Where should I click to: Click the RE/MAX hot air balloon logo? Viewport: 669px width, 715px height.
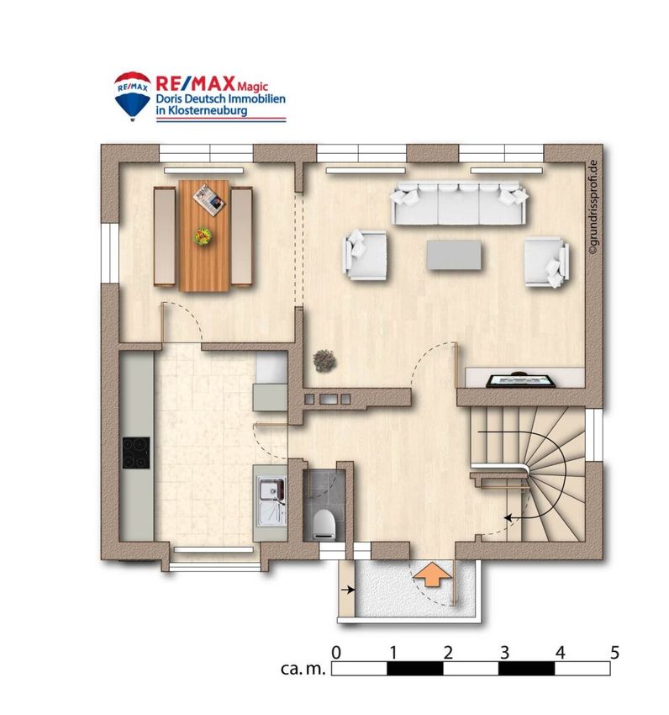pyautogui.click(x=132, y=96)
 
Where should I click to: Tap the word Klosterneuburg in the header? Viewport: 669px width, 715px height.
pyautogui.click(x=208, y=110)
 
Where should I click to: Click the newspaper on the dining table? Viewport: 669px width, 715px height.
pyautogui.click(x=209, y=199)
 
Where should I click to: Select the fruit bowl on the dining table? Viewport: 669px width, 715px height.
pyautogui.click(x=203, y=236)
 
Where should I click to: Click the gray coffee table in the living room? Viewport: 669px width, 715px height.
pyautogui.click(x=454, y=255)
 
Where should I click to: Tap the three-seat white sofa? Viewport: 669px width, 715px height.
pyautogui.click(x=459, y=204)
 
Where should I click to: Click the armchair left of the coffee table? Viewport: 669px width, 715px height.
pyautogui.click(x=364, y=254)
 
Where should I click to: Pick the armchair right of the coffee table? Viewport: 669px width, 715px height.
pyautogui.click(x=546, y=262)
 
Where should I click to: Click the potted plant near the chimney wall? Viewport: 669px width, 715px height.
pyautogui.click(x=324, y=360)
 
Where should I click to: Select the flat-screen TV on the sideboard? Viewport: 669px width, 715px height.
pyautogui.click(x=521, y=380)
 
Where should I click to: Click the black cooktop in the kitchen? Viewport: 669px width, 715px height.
pyautogui.click(x=136, y=453)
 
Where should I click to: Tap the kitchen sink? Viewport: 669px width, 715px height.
pyautogui.click(x=272, y=500)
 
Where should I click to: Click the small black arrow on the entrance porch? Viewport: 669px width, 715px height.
pyautogui.click(x=348, y=590)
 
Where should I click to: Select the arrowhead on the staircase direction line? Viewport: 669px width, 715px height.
pyautogui.click(x=508, y=517)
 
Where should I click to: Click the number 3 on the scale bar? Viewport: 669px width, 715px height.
pyautogui.click(x=503, y=653)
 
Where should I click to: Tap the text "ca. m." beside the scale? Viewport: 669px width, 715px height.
pyautogui.click(x=303, y=669)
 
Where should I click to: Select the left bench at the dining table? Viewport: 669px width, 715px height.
pyautogui.click(x=165, y=236)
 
